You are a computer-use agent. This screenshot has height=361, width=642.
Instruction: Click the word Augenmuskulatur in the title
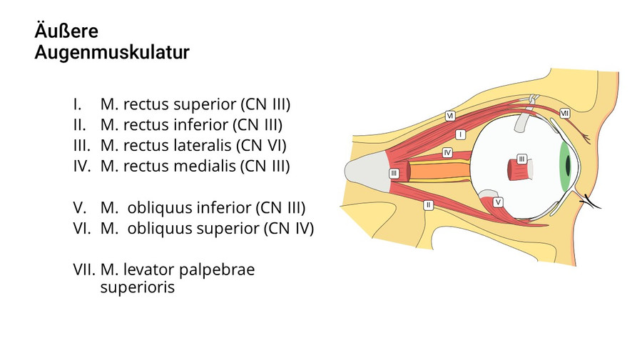point(112,53)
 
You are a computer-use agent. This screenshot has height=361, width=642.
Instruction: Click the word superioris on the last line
point(137,289)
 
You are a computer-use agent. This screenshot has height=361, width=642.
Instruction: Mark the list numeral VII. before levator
point(84,269)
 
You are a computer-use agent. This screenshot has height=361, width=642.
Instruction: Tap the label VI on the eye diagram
point(450,115)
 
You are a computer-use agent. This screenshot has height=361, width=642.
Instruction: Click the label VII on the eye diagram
point(564,112)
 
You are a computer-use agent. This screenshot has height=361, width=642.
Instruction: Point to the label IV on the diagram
point(447,152)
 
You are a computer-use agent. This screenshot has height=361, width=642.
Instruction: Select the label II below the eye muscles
point(428,204)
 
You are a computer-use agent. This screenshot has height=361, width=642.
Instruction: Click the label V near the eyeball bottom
point(498,202)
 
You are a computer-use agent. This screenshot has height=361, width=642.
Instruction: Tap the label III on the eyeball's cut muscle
point(521,158)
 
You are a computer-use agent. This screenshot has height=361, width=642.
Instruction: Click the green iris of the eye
point(565,167)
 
